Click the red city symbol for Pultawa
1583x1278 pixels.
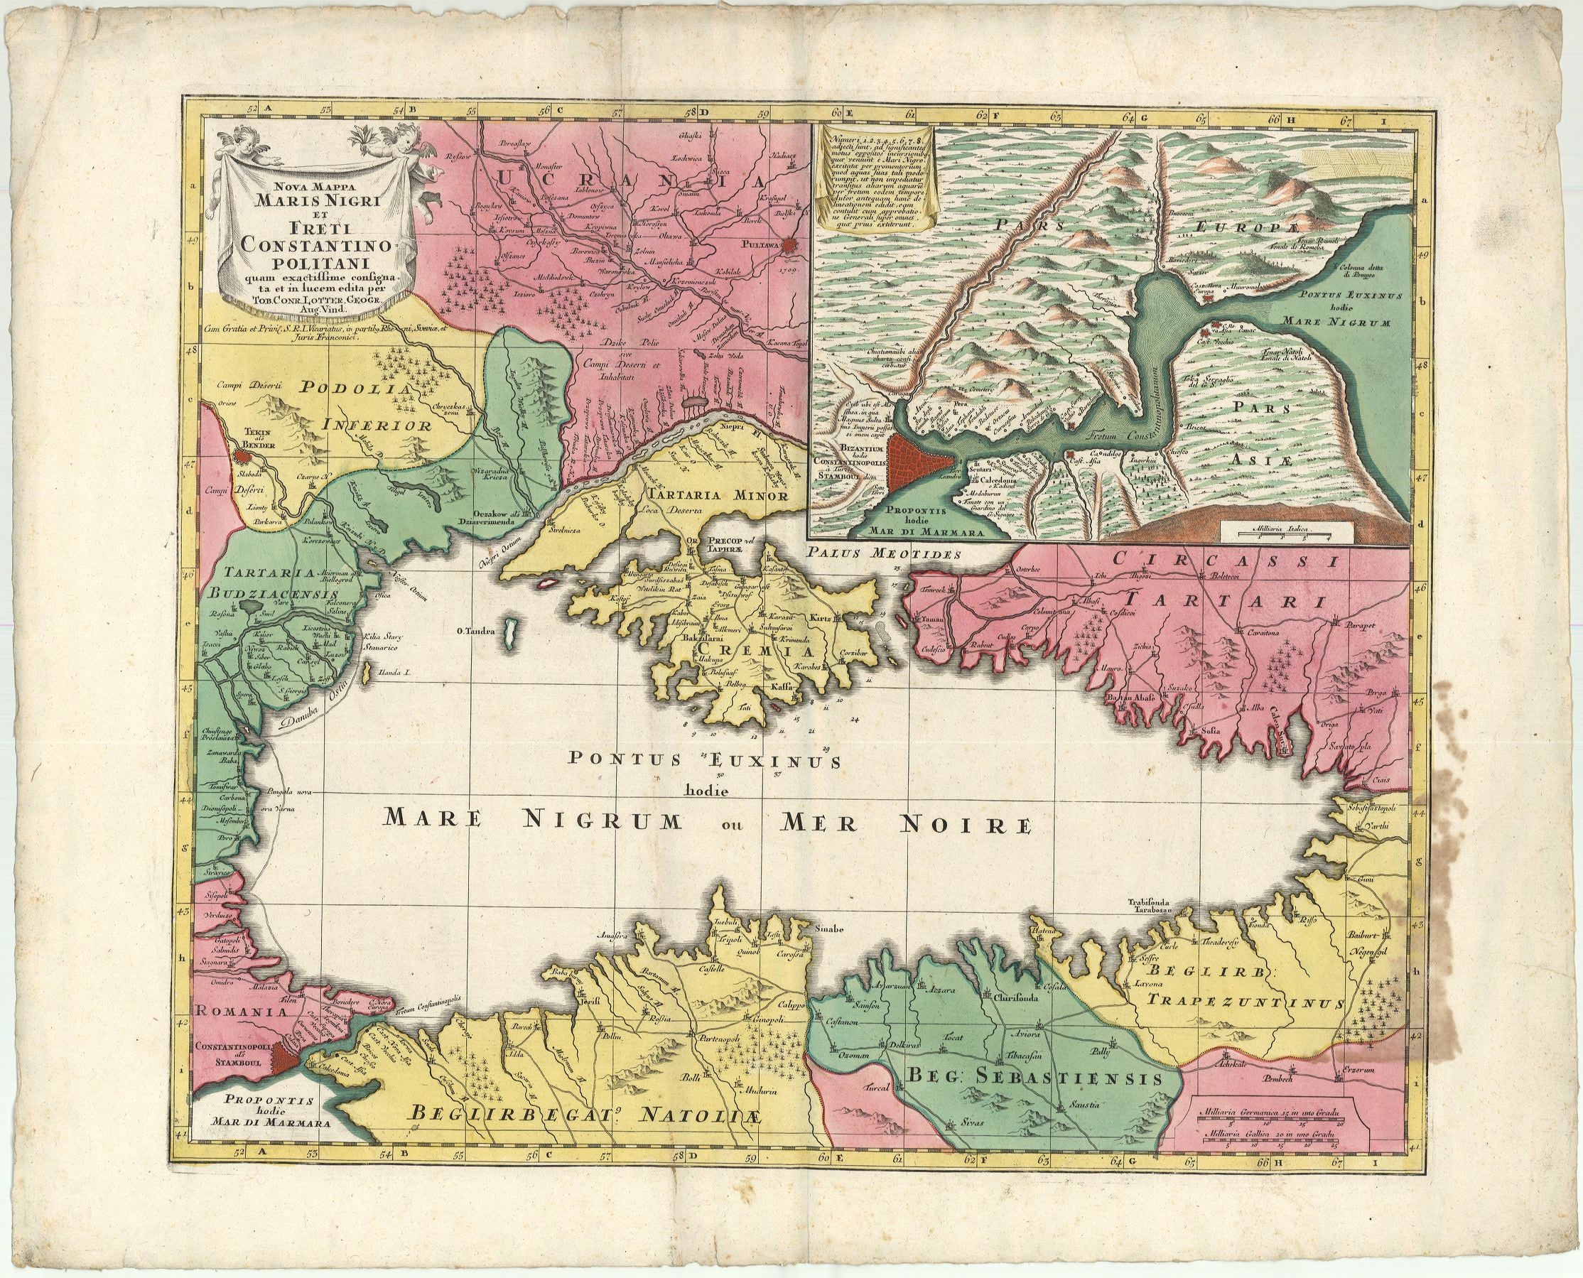[790, 244]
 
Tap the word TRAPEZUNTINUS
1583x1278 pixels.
[1240, 1002]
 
